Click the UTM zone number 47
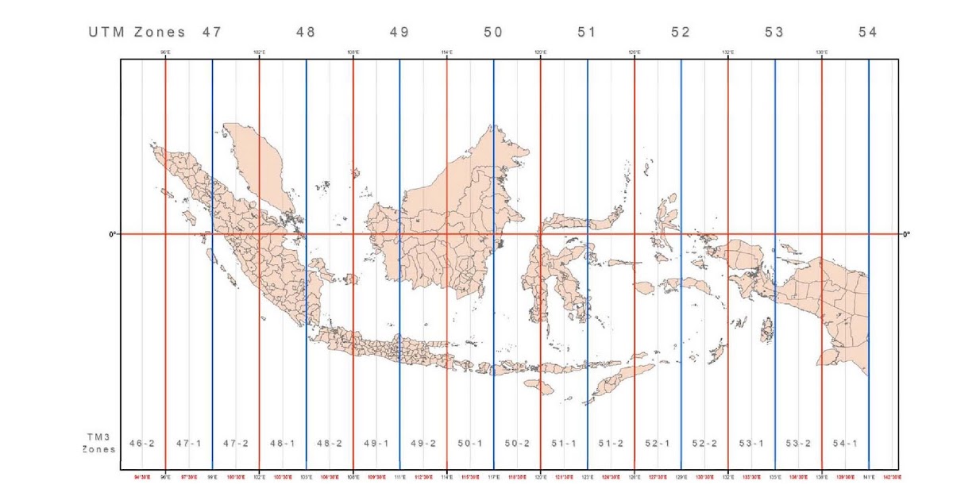pos(211,33)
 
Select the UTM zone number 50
pos(493,33)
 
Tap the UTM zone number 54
pos(868,33)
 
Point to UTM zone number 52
pos(681,33)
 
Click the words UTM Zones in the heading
pos(137,33)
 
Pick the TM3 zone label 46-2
pos(142,443)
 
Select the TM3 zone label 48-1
pos(283,443)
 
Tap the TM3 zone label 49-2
pos(423,443)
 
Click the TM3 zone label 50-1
pos(470,443)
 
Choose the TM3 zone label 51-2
pos(611,443)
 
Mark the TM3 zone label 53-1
pos(751,443)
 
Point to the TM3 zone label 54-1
pos(845,443)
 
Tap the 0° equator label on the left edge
pos(113,234)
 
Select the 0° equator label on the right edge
pos(906,234)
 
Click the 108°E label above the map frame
pos(353,52)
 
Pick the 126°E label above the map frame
pos(635,52)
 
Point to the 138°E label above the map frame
pos(822,52)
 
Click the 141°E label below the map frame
pos(869,477)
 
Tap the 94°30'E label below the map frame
pos(142,477)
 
